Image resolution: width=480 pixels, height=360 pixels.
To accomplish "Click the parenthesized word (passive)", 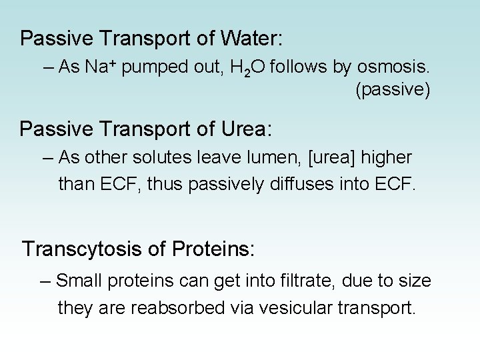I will (393, 90).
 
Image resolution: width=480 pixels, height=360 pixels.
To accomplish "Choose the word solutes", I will (164, 158).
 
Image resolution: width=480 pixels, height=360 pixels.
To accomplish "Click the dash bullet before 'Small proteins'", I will (46, 281).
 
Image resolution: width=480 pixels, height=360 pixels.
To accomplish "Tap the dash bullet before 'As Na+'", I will (49, 67).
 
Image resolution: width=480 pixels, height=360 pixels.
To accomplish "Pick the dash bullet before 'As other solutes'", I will (49, 158).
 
